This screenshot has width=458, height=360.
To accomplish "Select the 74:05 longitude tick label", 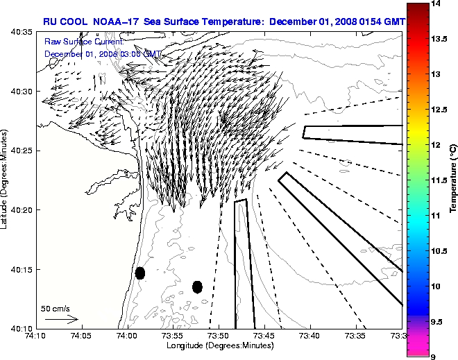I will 81,336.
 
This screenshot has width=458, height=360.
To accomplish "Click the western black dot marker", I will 139,273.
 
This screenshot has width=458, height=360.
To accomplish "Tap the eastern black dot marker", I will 197,286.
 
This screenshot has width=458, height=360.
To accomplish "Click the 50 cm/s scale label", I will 56,308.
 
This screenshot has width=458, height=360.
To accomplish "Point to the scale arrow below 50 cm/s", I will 61,319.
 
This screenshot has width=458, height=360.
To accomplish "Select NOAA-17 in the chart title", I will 117,22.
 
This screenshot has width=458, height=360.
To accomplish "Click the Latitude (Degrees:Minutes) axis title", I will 6,179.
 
